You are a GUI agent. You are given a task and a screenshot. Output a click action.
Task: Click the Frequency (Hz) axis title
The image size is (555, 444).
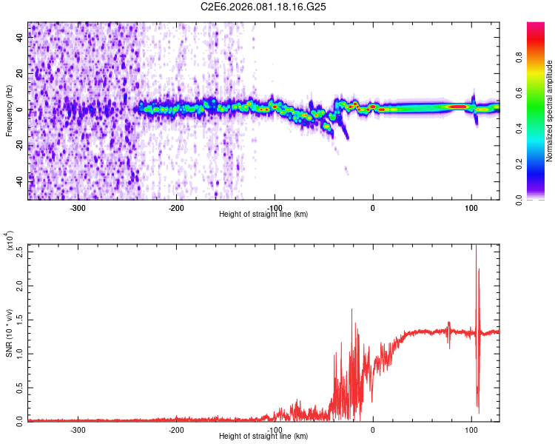(x=10, y=110)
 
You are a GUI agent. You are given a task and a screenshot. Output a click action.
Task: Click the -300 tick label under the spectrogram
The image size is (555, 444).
(x=78, y=207)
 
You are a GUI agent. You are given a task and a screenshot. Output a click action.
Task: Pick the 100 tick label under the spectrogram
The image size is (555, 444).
(x=471, y=207)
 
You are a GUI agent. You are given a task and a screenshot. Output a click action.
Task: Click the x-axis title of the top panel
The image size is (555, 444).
(x=264, y=214)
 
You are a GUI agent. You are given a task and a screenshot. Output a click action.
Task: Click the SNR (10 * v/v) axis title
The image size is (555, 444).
(x=10, y=332)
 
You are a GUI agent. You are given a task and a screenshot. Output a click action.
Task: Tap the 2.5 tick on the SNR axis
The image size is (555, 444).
(x=19, y=251)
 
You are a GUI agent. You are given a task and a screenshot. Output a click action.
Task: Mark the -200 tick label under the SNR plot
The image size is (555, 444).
(x=176, y=429)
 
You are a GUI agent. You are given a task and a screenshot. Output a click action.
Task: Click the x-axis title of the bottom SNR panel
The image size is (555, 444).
(x=264, y=436)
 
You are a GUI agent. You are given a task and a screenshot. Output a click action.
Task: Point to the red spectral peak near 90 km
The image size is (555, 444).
(x=459, y=107)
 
